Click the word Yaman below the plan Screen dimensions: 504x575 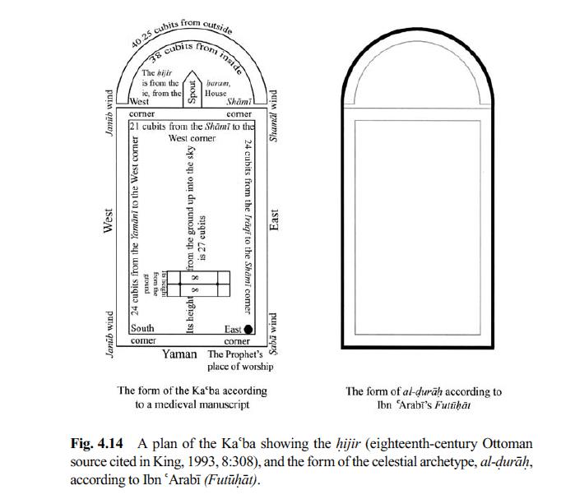click(179, 354)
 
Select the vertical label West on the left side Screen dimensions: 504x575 click(108, 220)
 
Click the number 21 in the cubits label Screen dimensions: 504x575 click(137, 127)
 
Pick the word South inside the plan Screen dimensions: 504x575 click(143, 329)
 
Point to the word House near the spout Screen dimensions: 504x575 click(216, 94)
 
